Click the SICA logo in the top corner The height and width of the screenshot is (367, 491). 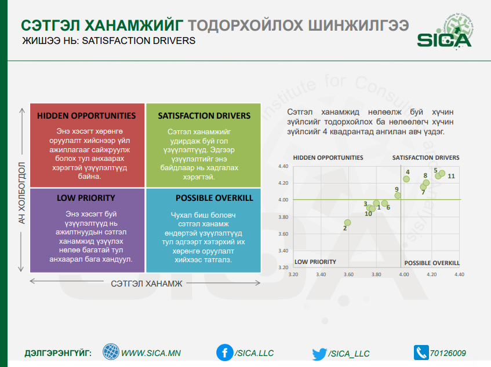point(445,32)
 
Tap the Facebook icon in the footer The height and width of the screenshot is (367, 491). point(225,353)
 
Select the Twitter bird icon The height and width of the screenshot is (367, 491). point(319,354)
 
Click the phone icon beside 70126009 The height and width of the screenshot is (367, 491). point(421,353)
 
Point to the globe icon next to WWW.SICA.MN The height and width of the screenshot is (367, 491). point(111,351)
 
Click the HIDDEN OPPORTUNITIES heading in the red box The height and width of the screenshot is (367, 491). point(86,116)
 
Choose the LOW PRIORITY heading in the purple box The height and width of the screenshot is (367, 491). point(86,198)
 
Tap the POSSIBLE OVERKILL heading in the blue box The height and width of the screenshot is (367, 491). point(214,198)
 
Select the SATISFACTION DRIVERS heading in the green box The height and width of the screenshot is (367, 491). point(204,116)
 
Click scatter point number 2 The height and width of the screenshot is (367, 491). point(347,223)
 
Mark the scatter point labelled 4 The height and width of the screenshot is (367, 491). point(406,179)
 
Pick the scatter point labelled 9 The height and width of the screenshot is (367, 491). point(397,196)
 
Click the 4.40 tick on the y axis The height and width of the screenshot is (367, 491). point(283,166)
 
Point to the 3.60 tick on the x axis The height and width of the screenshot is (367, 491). point(348,274)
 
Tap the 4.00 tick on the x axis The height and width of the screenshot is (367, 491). point(404,274)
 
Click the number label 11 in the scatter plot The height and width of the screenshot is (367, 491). point(451,176)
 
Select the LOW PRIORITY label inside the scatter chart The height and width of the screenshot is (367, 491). point(315,262)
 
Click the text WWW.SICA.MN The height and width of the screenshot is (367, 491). point(151,353)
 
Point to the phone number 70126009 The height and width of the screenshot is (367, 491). point(448,353)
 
